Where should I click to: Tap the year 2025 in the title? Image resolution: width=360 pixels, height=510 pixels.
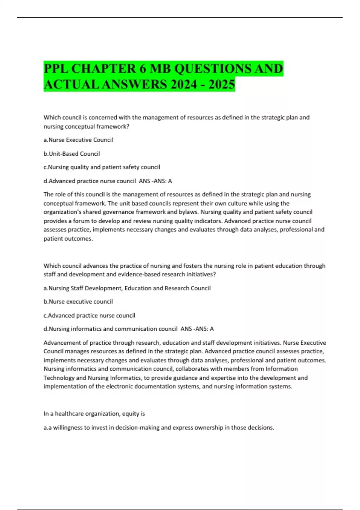222,84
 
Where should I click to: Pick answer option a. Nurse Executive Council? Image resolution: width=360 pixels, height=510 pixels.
78,140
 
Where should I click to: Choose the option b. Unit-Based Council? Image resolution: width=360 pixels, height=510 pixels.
72,154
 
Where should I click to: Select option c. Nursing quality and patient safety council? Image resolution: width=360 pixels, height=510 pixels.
102,167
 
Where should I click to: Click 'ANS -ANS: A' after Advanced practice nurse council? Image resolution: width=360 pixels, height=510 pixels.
155,181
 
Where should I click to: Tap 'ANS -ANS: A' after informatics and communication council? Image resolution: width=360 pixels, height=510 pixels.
197,329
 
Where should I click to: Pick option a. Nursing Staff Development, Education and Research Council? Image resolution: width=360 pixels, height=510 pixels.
127,288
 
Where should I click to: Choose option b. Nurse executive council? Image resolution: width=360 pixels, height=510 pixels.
78,301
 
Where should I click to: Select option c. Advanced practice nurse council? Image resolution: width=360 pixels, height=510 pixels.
89,315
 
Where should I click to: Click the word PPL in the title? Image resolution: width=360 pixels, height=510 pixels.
56,69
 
